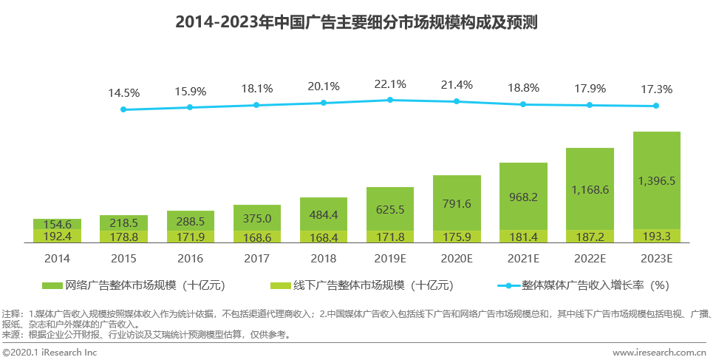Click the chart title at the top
(356, 22)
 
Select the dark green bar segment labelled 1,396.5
(656, 180)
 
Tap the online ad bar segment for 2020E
(457, 203)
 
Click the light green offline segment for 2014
(57, 237)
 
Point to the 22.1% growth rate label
(390, 84)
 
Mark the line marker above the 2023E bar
(656, 106)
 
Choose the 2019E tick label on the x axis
(390, 259)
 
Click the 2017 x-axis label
(256, 259)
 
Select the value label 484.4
(323, 215)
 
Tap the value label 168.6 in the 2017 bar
(256, 237)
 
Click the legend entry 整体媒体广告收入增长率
(584, 285)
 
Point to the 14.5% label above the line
(123, 93)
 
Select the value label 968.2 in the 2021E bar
(523, 197)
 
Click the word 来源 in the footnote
(13, 334)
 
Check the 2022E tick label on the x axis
(590, 259)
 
